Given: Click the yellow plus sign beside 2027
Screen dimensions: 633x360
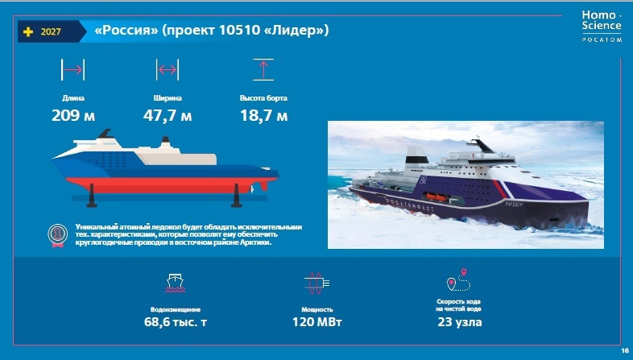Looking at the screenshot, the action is (28, 31).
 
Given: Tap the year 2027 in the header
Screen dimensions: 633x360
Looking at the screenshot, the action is (51, 31).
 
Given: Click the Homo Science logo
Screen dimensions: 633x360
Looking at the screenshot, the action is (602, 26).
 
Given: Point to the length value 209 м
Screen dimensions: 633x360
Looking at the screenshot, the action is (73, 116).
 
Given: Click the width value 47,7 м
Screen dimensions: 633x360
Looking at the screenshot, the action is (168, 116).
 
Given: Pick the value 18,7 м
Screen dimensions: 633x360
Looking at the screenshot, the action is (263, 116).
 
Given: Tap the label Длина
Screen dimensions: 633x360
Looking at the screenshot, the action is (73, 98).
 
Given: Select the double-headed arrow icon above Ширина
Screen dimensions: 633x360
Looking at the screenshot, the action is (168, 70).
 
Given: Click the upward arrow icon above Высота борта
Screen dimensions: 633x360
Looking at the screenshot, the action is (263, 69).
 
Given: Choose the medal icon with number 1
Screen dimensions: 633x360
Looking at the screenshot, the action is (57, 234).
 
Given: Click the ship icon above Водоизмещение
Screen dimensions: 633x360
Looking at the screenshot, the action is (176, 283).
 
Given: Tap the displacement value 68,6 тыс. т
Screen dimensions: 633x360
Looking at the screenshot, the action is (176, 322).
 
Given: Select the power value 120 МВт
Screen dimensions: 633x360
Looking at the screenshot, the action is (317, 322).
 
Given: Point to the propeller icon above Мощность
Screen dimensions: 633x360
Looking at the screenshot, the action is (316, 283).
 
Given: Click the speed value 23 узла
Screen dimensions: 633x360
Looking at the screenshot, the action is (459, 322).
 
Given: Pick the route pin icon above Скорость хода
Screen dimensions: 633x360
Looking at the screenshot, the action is (459, 279).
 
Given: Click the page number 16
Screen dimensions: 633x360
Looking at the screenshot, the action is (625, 350).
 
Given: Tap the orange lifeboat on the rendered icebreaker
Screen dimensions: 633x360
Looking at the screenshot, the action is (436, 197).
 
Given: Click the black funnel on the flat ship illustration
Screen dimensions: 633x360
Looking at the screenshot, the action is (105, 134).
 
